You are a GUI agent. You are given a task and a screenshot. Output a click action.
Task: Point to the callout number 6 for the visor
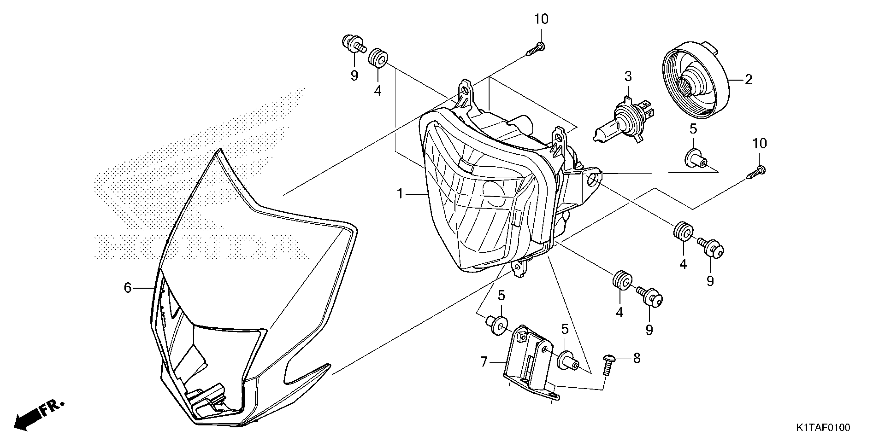128,288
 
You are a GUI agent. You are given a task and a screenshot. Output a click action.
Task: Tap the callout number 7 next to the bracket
484,362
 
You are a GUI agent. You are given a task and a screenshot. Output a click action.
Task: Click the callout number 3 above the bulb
628,76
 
